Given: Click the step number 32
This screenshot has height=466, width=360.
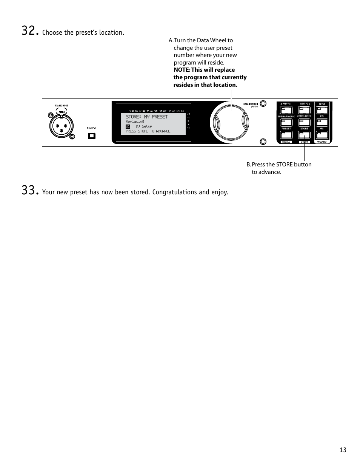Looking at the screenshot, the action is [x=29, y=31].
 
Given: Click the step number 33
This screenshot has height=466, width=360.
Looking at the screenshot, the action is [x=29, y=191].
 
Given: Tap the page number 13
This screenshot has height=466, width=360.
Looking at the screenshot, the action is [x=343, y=450].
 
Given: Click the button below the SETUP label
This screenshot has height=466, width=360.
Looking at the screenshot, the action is [x=322, y=110].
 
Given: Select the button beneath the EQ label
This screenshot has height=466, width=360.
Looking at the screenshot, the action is [x=322, y=122].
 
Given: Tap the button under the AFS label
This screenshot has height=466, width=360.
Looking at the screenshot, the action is [x=322, y=135].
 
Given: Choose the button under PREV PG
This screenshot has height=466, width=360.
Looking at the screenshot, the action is [x=286, y=110].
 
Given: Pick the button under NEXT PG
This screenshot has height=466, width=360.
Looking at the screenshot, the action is [x=304, y=110].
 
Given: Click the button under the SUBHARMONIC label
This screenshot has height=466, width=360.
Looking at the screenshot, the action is [x=286, y=123].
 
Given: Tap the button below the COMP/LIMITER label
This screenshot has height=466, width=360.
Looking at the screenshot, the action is [x=304, y=123].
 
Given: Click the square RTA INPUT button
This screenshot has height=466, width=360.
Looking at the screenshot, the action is [x=92, y=136].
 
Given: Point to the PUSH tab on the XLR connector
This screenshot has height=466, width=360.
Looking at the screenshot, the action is [x=62, y=112].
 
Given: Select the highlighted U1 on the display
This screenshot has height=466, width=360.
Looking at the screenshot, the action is [x=128, y=126].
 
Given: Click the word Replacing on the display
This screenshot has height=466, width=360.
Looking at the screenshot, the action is [x=135, y=121].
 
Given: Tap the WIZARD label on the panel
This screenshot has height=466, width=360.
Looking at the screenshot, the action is [x=322, y=142].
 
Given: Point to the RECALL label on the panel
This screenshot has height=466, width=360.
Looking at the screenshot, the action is [x=286, y=142].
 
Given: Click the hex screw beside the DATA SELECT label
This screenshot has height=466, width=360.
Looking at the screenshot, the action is [x=263, y=104].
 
